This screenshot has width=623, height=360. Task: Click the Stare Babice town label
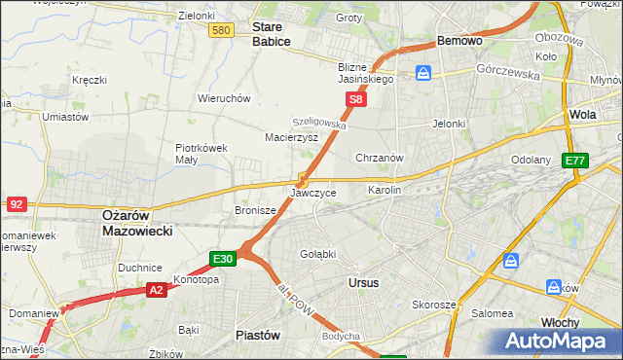tap(274, 35)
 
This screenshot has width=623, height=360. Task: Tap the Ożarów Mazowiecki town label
tap(137, 224)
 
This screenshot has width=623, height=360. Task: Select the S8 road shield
tap(357, 99)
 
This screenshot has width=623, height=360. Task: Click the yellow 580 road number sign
tap(222, 31)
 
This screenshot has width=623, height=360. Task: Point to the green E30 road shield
tap(223, 259)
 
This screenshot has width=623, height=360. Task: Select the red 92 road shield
tap(17, 204)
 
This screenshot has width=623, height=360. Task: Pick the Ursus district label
tap(363, 282)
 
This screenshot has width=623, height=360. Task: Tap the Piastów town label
tap(259, 334)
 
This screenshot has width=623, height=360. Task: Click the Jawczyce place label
tap(313, 193)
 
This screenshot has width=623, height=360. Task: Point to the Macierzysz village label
tap(292, 138)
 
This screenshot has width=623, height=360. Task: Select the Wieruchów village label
tap(225, 98)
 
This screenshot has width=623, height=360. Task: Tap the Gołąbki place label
tap(317, 254)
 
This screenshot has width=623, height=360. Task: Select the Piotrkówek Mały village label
tap(202, 154)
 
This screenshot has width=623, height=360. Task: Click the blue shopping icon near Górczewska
tap(423, 73)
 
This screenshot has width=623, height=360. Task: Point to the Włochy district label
tap(561, 322)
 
